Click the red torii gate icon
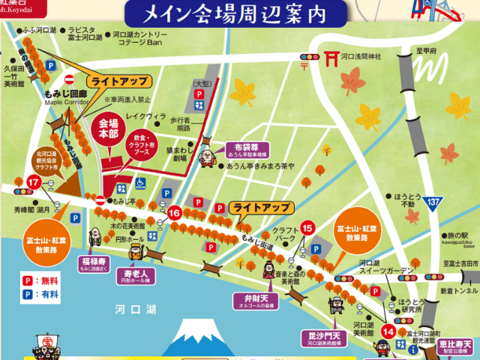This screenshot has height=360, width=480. [x=334, y=57]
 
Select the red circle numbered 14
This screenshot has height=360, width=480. [x=388, y=330]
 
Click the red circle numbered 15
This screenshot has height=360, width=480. [x=307, y=228]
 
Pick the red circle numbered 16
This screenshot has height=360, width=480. [x=174, y=214]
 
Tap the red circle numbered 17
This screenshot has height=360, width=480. [x=33, y=182]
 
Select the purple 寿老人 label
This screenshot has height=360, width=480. [x=132, y=276]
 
